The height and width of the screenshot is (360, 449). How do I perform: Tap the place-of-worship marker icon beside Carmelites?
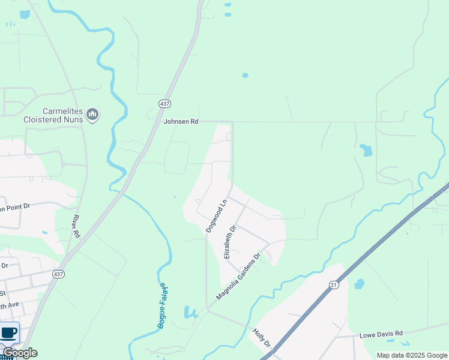pos(92,114)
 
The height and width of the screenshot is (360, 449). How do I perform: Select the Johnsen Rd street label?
pos(181,121)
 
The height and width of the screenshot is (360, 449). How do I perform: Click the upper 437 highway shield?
pos(164,104)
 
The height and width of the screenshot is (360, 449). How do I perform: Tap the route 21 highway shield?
pos(333,284)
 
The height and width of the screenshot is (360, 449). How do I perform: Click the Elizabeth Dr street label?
pos(230,242)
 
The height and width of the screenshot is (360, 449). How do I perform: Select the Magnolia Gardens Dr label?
pos(238,277)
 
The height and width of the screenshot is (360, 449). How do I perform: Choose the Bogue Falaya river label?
pos(161,305)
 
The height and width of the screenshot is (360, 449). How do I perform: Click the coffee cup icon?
pos(8,332)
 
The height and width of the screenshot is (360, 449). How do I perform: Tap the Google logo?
pos(19,353)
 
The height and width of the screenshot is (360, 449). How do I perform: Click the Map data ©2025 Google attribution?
pos(411,355)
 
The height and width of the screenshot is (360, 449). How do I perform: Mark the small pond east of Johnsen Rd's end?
pos(366,150)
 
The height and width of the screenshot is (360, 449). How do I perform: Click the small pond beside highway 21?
pos(359,284)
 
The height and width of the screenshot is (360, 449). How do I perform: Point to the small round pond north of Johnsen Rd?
pos(244,76)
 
